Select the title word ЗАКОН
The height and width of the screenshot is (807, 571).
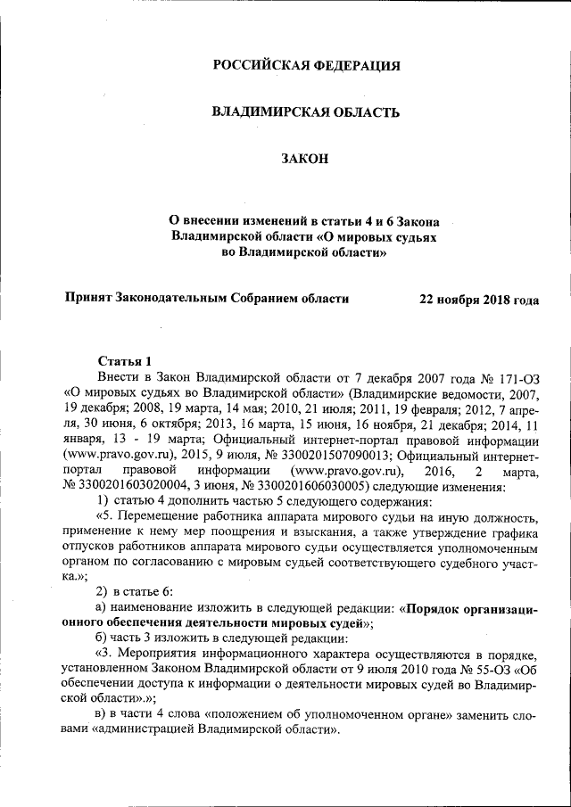[305, 159]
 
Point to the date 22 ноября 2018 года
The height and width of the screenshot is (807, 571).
[479, 299]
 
